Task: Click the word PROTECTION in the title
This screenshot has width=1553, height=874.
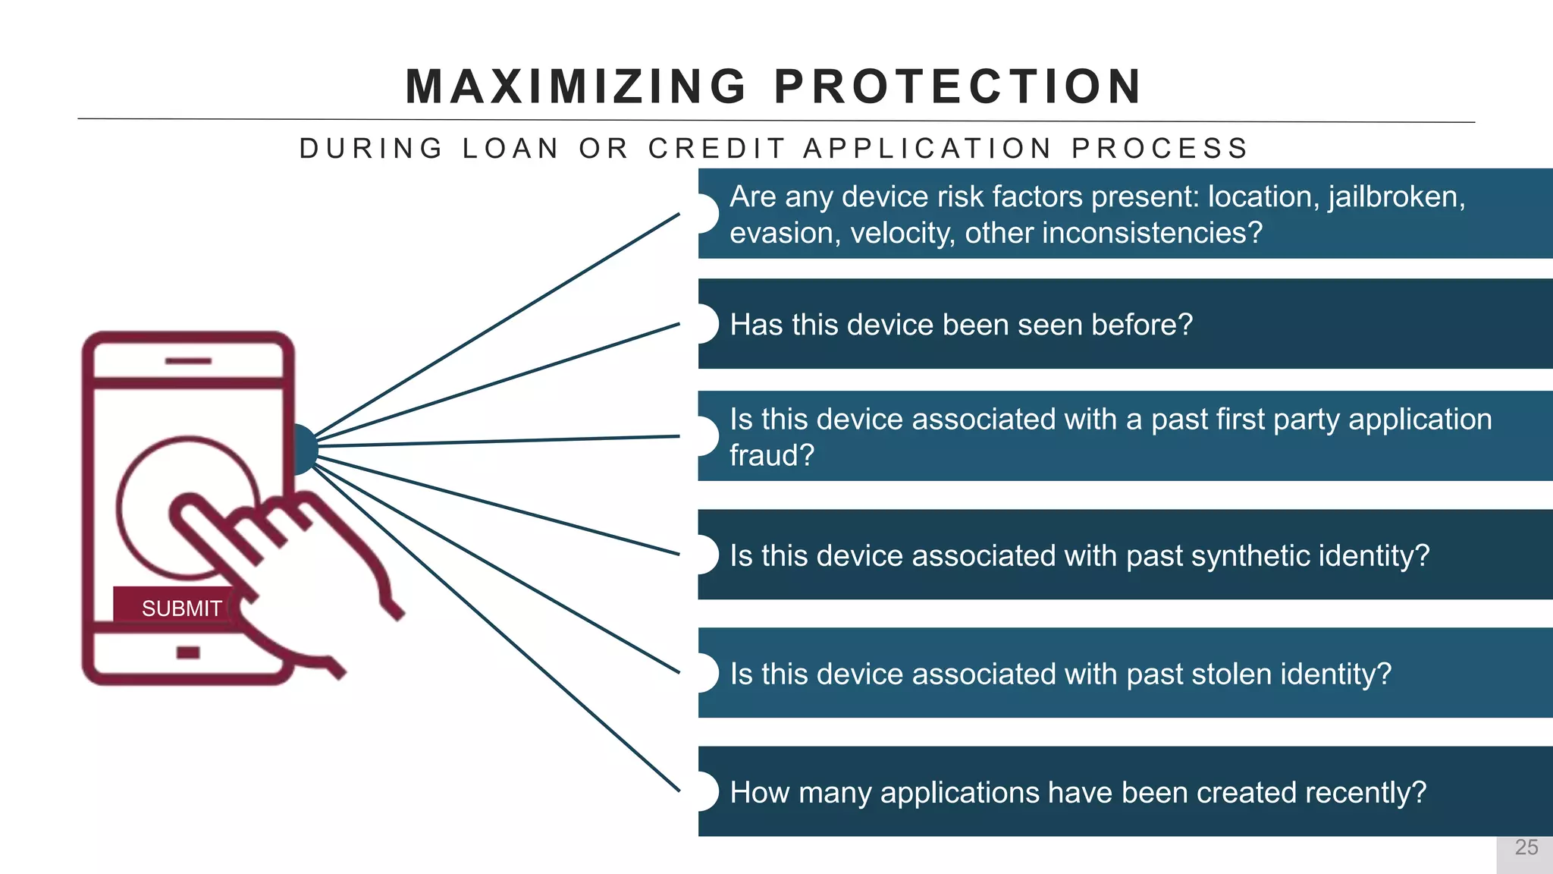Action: point(958,86)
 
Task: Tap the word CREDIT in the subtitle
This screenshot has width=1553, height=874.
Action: point(717,149)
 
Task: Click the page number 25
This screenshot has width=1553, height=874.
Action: point(1526,847)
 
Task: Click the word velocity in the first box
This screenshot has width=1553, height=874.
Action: point(902,233)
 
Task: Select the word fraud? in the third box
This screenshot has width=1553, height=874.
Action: point(771,456)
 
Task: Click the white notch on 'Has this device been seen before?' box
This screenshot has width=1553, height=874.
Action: point(705,324)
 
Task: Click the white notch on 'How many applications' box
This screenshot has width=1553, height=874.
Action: point(705,792)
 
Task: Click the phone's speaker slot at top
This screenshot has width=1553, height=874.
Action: point(188,361)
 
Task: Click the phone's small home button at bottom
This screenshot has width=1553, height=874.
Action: point(188,652)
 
